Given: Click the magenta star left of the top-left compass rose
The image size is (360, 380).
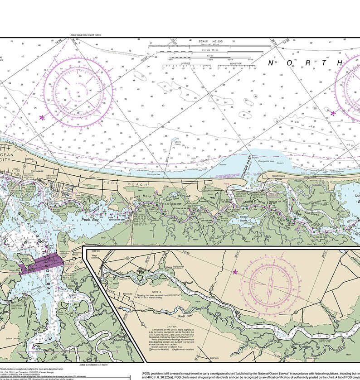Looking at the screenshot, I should click(42, 118).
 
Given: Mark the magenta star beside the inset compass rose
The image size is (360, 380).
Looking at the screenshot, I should click(235, 272).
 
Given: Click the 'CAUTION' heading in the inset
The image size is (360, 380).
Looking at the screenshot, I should click(171, 326).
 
